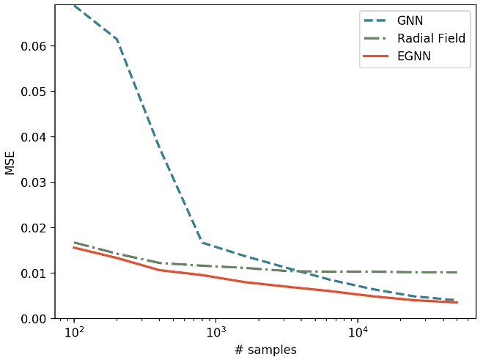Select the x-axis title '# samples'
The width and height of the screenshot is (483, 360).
point(265,350)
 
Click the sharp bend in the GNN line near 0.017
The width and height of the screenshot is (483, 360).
point(202,242)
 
